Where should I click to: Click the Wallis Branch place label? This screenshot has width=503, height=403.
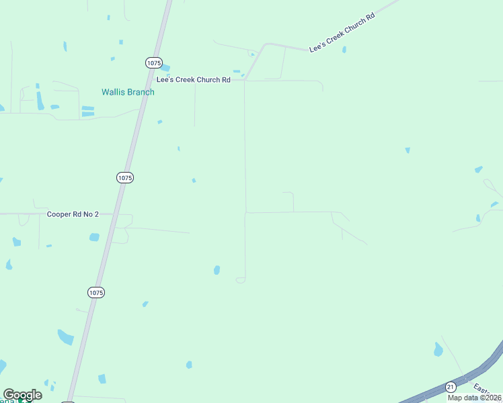(128, 92)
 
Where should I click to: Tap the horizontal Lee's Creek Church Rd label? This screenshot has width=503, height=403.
(193, 79)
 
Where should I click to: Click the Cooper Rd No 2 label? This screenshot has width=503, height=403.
(73, 214)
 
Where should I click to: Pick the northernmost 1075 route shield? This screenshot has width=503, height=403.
(153, 62)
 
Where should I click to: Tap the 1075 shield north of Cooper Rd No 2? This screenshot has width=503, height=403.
(124, 177)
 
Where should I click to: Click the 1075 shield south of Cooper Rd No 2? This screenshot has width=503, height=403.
(96, 292)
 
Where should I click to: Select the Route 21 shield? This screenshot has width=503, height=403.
(451, 387)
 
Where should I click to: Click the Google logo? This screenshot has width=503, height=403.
(22, 395)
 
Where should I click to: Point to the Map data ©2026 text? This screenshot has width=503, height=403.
(475, 398)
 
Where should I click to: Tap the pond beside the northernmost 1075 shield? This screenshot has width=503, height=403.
(165, 68)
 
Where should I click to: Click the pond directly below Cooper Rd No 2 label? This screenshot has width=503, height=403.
(94, 237)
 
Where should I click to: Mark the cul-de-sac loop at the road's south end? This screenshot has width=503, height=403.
(241, 280)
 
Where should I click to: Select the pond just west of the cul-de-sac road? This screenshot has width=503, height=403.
(217, 270)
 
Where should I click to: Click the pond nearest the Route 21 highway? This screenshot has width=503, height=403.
(438, 349)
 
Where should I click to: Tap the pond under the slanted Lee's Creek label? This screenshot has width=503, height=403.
(344, 49)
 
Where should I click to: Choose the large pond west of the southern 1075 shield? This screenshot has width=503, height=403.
(65, 337)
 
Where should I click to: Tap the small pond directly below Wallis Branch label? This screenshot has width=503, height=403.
(159, 122)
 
